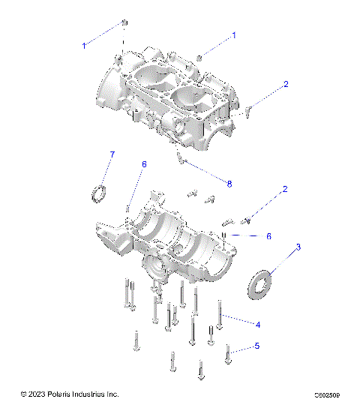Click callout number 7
click(112, 154)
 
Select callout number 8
click(230, 183)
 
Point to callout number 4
click(258, 324)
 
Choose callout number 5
click(256, 346)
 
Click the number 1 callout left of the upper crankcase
click(84, 46)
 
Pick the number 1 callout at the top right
click(234, 35)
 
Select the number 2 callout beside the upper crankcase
click(285, 85)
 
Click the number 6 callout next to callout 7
click(145, 164)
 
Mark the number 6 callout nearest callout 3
click(268, 235)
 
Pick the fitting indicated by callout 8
click(179, 157)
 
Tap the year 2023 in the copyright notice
click(38, 394)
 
